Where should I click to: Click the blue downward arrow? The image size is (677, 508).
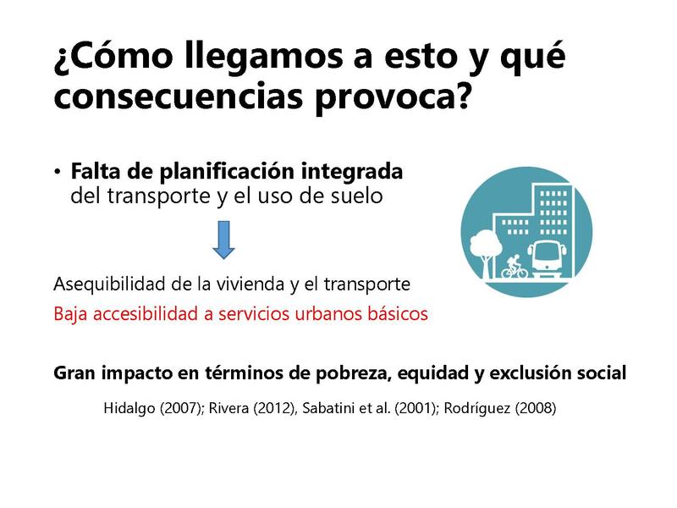[x=223, y=240]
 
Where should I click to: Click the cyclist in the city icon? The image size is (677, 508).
[x=515, y=267]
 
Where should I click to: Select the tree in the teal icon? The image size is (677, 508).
[x=486, y=252]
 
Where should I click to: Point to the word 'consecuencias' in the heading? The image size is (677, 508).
[x=179, y=97]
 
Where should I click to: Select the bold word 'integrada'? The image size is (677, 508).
[x=351, y=173]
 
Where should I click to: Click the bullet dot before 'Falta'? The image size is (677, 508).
[x=58, y=172]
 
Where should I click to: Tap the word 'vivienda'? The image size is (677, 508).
[x=251, y=284]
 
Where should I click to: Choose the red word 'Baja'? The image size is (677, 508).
[x=71, y=314]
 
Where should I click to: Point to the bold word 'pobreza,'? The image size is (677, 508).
[x=353, y=373]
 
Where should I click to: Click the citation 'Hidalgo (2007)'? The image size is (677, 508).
[x=153, y=408]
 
